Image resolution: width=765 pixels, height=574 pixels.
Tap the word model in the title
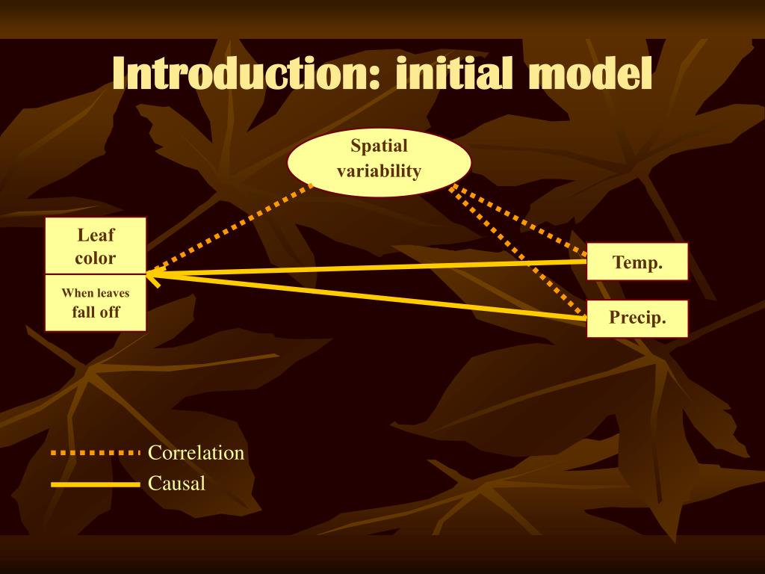(590, 73)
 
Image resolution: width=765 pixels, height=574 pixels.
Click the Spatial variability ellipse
(379, 162)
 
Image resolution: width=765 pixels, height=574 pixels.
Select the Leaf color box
(96, 245)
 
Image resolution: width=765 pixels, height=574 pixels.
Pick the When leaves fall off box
(96, 303)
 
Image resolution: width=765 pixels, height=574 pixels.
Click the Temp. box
(637, 262)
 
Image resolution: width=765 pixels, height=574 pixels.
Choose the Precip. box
(637, 318)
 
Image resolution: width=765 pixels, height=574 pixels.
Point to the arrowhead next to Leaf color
(150, 275)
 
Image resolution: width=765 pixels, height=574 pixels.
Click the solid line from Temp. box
(367, 268)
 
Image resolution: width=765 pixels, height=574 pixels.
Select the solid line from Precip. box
(367, 296)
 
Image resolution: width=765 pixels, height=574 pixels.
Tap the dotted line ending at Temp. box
(518, 220)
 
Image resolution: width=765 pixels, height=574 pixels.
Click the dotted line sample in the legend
(96, 453)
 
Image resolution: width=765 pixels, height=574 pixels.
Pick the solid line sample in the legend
(96, 484)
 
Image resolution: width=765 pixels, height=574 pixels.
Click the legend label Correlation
(196, 453)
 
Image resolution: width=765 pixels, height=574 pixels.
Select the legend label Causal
(176, 484)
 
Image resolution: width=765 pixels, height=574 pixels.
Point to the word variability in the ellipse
(379, 171)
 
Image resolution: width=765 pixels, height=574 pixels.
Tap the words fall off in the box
(96, 312)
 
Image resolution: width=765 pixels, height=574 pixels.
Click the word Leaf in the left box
(96, 235)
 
